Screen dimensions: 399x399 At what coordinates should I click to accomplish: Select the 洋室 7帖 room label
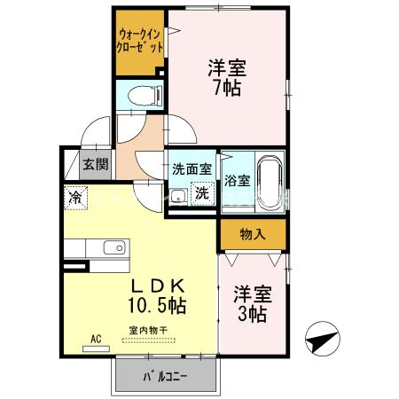(227, 77)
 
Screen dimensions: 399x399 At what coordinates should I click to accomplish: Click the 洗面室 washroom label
(192, 167)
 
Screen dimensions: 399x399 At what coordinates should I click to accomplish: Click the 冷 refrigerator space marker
(75, 198)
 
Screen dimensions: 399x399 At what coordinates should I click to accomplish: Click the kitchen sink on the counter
(113, 247)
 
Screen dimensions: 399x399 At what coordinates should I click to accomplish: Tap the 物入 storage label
(253, 234)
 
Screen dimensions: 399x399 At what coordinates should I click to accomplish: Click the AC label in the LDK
(95, 338)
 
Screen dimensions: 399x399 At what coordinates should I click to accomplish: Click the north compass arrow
(324, 340)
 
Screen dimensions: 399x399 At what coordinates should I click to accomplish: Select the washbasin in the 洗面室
(178, 196)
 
